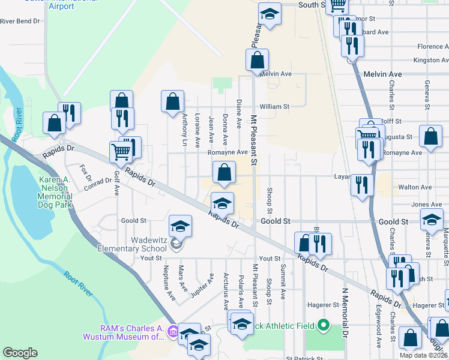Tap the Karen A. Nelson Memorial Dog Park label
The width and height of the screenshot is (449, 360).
pyautogui.click(x=56, y=192)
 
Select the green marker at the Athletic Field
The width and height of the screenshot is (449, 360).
pyautogui.click(x=324, y=326)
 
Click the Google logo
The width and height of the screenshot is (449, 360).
pyautogui.click(x=20, y=353)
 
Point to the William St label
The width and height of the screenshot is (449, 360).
pyautogui.click(x=274, y=107)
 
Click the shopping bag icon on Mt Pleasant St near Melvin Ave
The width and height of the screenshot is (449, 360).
pyautogui.click(x=257, y=60)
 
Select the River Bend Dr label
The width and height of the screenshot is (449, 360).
pyautogui.click(x=20, y=21)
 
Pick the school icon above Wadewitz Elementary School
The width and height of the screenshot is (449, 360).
pyautogui.click(x=180, y=226)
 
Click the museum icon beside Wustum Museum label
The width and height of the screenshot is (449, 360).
pyautogui.click(x=173, y=331)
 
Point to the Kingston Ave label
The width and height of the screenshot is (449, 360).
pyautogui.click(x=431, y=60)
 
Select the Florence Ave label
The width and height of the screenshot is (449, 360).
pyautogui.click(x=433, y=46)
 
